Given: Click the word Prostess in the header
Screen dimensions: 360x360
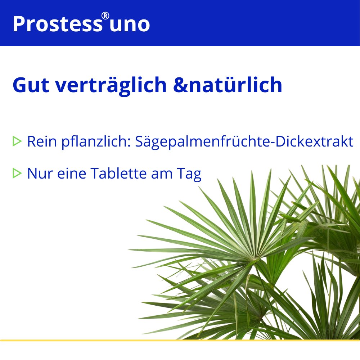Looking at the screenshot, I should click(57, 24).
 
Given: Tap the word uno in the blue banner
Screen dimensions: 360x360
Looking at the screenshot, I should click(130, 24).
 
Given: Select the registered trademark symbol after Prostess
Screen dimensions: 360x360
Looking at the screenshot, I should click(105, 16).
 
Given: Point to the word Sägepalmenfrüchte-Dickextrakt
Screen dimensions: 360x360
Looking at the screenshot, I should click(244, 141).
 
